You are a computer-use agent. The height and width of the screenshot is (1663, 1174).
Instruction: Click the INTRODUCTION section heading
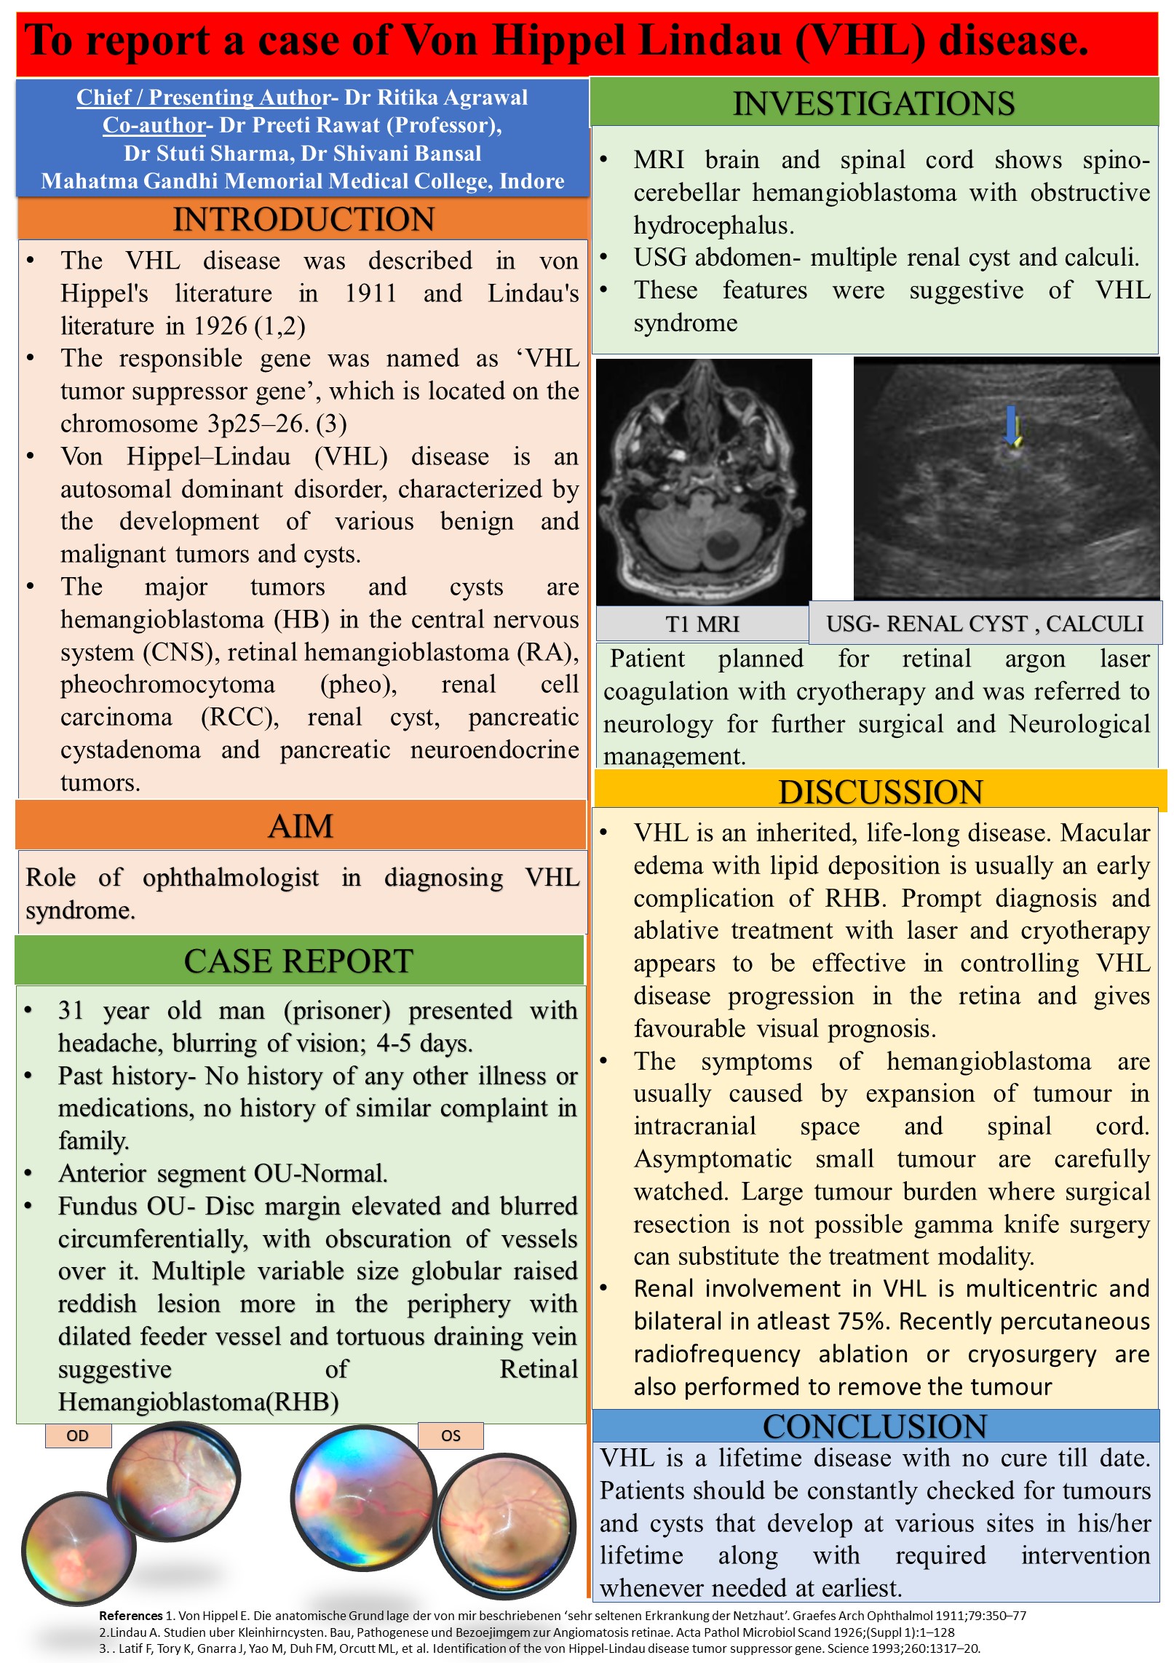pos(303,219)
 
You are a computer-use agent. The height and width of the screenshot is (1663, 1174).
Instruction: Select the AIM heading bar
pos(300,826)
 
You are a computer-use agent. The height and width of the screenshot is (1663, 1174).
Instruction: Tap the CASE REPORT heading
pos(298,961)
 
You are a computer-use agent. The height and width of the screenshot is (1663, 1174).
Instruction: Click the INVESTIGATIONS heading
pos(873,103)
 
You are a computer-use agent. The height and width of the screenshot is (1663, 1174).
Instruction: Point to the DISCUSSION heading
pos(880,792)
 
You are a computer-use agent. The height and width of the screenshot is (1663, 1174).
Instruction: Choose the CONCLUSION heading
pos(875,1426)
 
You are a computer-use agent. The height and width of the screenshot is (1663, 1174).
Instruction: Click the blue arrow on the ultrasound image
pos(1010,425)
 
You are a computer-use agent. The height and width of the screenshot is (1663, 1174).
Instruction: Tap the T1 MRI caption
pos(702,624)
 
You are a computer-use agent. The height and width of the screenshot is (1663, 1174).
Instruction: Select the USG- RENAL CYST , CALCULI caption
pos(985,624)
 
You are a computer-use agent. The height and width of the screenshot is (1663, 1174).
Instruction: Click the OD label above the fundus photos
pos(77,1436)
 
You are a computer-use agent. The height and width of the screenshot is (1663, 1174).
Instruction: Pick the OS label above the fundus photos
pos(451,1436)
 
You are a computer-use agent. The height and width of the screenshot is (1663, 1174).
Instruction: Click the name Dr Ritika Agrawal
pos(436,98)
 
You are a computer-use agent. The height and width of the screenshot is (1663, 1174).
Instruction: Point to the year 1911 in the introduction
pos(370,293)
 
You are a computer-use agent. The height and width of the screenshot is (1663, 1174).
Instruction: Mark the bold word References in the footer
pos(131,1616)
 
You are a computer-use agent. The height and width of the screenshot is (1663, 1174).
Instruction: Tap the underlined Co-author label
pos(154,125)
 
